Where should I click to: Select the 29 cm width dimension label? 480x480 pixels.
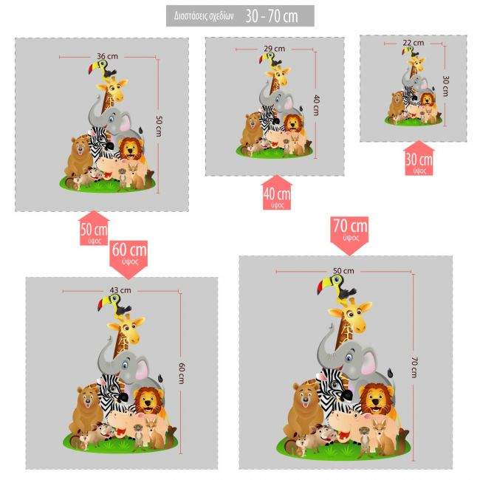(x=273, y=49)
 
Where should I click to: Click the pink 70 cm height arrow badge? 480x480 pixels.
(x=349, y=231)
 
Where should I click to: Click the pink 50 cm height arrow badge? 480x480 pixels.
(x=94, y=232)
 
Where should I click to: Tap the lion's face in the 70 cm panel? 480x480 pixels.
(x=375, y=400)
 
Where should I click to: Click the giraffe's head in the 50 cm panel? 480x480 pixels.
(x=114, y=91)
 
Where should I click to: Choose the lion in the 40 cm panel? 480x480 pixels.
(x=292, y=123)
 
